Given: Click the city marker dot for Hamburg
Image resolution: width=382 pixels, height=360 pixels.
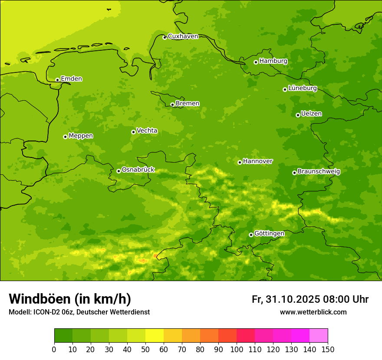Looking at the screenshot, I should click(x=256, y=62).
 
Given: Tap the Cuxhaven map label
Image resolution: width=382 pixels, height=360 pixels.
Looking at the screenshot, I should click(x=183, y=36).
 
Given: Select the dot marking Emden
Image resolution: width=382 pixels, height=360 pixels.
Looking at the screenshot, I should click(x=57, y=80).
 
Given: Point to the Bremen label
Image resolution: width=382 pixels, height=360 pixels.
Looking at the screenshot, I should click(x=188, y=104).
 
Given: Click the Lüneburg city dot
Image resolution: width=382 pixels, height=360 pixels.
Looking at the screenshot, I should click(x=285, y=89).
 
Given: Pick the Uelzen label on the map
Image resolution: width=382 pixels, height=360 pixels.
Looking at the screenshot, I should click(x=311, y=114).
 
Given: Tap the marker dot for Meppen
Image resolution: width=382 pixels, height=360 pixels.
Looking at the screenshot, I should click(x=65, y=137).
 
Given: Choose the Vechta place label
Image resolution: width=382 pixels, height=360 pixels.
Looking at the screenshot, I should click(x=147, y=131).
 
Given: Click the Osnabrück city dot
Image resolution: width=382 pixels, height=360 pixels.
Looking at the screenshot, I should click(x=119, y=171).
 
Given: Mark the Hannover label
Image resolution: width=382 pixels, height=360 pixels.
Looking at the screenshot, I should click(x=258, y=161).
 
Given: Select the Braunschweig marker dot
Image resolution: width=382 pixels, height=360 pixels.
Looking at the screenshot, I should click(x=294, y=173).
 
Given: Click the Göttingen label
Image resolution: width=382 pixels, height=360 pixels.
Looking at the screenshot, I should click(x=269, y=234).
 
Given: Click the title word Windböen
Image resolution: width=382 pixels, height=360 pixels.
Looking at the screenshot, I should click(x=40, y=299).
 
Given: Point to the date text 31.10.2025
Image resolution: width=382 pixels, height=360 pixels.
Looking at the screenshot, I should click(x=292, y=299).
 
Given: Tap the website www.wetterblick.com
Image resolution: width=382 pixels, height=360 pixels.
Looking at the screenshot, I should click(x=313, y=312).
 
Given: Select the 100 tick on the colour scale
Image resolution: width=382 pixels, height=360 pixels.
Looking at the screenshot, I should click(x=237, y=349).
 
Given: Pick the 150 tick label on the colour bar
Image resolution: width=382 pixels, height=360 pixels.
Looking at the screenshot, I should click(x=328, y=349).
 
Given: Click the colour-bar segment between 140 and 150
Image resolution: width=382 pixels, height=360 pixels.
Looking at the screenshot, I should click(x=319, y=336).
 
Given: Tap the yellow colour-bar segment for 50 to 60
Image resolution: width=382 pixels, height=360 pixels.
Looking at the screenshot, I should click(x=155, y=336).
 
